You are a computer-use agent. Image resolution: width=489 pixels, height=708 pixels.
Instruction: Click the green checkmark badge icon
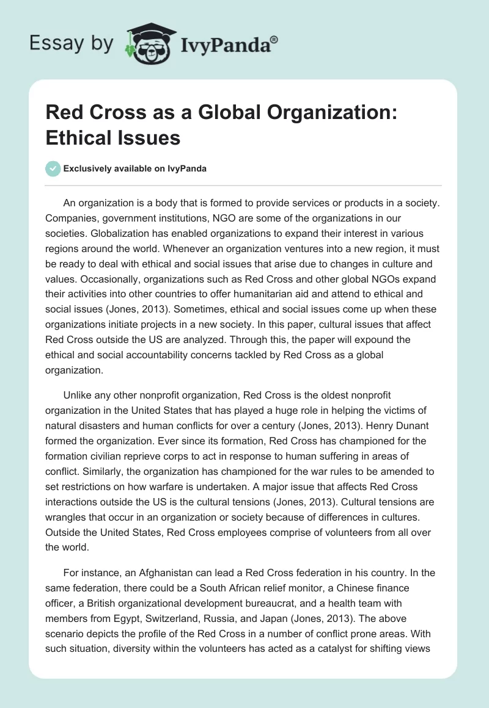53,168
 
